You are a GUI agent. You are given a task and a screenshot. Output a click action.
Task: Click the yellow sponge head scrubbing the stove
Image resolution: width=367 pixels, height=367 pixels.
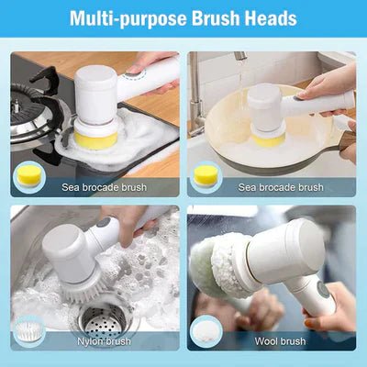pos(95,139)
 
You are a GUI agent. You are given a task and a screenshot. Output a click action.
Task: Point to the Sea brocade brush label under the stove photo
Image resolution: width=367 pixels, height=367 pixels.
pos(92,187)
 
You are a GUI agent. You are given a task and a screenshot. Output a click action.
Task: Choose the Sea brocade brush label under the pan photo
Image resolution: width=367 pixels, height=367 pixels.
pos(281,187)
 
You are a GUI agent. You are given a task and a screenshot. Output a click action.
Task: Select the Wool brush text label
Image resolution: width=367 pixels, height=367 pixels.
pos(281,341)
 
